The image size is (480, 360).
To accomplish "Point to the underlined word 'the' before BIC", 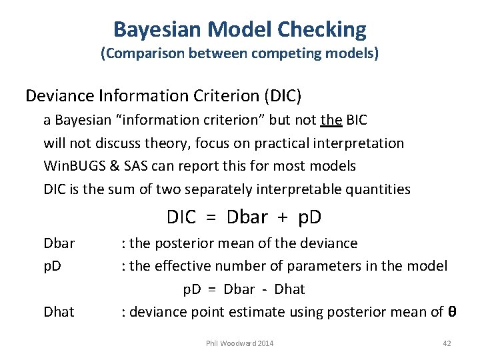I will [331, 121].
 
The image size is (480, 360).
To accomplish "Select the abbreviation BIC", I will [357, 121].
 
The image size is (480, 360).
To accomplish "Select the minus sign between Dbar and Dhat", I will [265, 289].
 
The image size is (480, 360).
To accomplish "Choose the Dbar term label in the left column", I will [59, 243].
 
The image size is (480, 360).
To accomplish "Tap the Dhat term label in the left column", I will [59, 312].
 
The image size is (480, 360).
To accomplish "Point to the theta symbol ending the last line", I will [451, 312].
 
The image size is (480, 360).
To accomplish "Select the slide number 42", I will [447, 343].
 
